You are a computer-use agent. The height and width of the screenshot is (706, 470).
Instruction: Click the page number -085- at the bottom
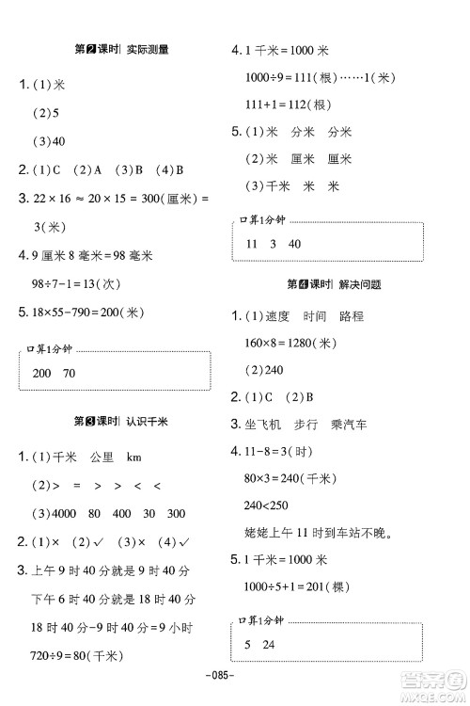pyautogui.click(x=234, y=676)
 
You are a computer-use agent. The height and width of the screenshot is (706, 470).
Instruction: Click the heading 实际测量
pyautogui.click(x=149, y=52)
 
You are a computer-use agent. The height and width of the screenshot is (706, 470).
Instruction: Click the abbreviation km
pyautogui.click(x=133, y=457)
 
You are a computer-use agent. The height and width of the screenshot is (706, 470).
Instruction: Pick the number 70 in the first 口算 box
pyautogui.click(x=71, y=374)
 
